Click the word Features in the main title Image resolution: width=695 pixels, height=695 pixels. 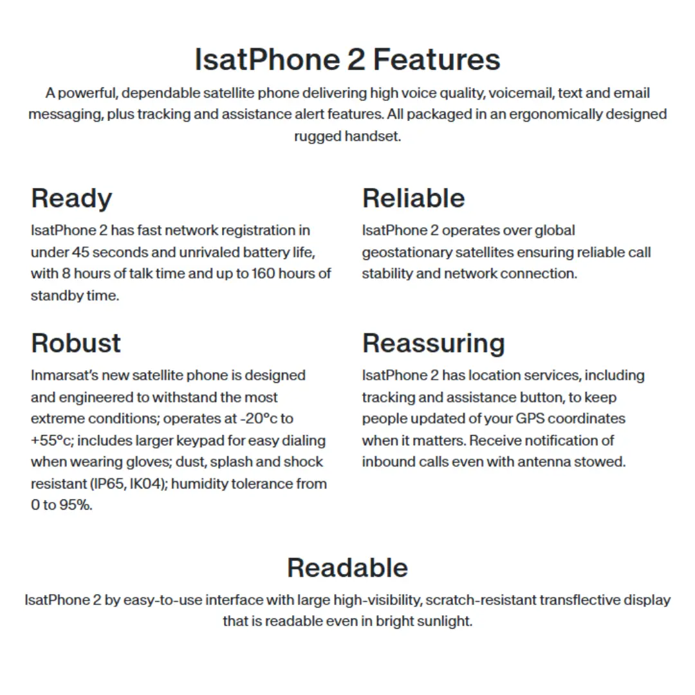[x=436, y=60]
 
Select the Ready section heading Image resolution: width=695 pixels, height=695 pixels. [x=71, y=198]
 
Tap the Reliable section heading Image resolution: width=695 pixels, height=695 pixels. [x=413, y=198]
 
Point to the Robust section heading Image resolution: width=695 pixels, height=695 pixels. [x=76, y=343]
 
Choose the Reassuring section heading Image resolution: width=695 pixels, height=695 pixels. [x=433, y=344]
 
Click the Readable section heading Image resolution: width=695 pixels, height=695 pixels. [x=347, y=568]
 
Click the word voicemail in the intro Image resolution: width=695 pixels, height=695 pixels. [x=521, y=93]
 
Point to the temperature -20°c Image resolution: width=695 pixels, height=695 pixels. [x=260, y=418]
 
